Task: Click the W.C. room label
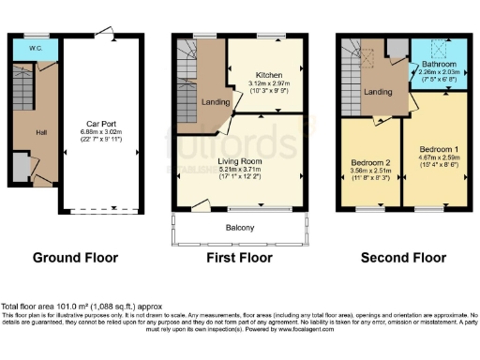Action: (x=35, y=47)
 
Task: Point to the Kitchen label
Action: (x=270, y=74)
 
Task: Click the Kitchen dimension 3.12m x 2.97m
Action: (x=271, y=82)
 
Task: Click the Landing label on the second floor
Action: (x=379, y=92)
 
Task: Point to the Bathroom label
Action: (x=439, y=64)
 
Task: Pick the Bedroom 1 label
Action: (x=438, y=150)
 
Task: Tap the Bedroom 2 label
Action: (x=370, y=162)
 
